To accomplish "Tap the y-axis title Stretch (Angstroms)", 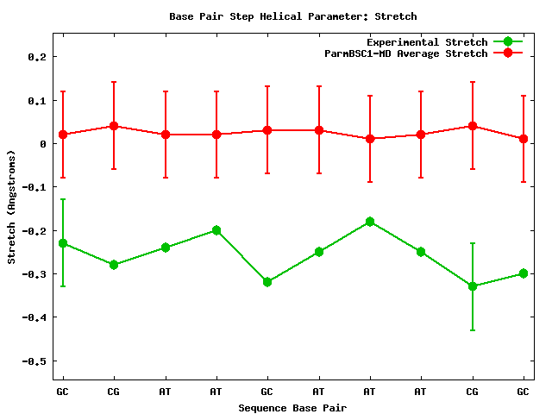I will (x=11, y=207).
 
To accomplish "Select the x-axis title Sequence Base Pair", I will (x=292, y=407).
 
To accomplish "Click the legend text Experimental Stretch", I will (x=427, y=42).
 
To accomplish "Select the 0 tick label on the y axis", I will (x=42, y=143).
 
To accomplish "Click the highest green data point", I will (x=370, y=222).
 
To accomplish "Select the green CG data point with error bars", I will (x=473, y=286).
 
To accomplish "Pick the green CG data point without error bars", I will (x=114, y=265).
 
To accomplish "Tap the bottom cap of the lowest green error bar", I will (x=473, y=329).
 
